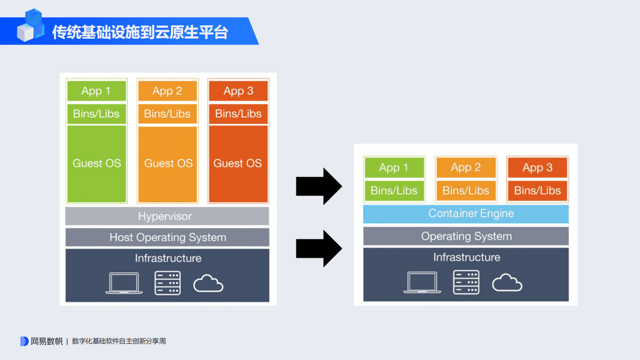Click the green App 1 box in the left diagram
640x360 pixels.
point(96,91)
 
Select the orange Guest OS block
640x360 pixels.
point(168,164)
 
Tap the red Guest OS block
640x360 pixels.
point(238,164)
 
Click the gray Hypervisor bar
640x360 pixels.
point(167,216)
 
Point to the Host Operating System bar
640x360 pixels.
point(167,237)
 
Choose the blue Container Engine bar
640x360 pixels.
point(466,214)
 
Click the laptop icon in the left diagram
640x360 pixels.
point(124,283)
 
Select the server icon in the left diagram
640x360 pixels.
point(168,283)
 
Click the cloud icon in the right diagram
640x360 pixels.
point(507,282)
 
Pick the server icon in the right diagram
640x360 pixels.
point(466,282)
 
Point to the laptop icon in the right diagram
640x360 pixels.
point(423,282)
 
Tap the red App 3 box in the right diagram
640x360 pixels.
point(537,167)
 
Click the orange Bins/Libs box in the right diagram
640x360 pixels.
point(466,190)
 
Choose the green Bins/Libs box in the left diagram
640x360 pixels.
point(96,114)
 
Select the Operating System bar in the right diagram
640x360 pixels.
point(466,236)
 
